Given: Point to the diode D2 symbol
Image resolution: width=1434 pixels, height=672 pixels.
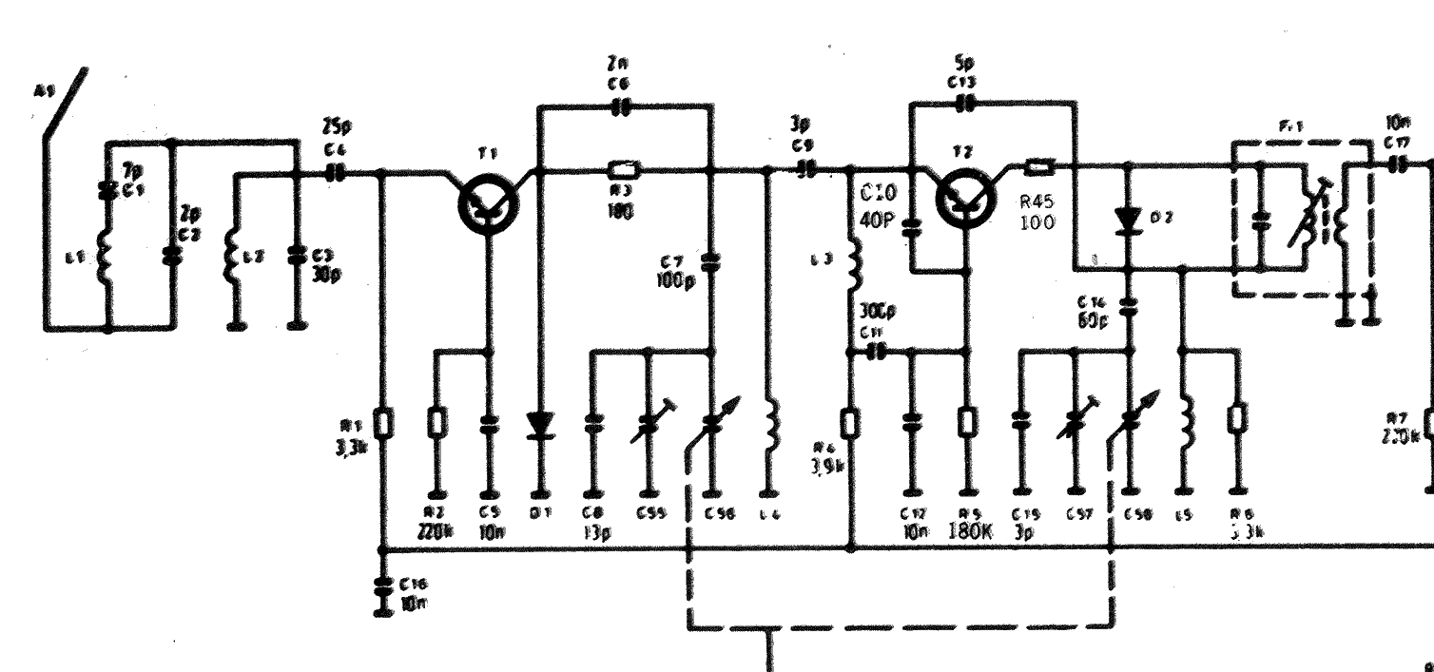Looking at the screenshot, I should pyautogui.click(x=1129, y=220).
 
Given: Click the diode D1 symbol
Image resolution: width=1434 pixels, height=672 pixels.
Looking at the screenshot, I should pyautogui.click(x=541, y=425).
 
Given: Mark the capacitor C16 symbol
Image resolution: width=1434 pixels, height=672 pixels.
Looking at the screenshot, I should pyautogui.click(x=382, y=590).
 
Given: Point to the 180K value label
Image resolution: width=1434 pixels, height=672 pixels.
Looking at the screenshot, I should pyautogui.click(x=971, y=530).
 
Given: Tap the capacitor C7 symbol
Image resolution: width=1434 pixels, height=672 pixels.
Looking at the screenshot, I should pyautogui.click(x=709, y=260).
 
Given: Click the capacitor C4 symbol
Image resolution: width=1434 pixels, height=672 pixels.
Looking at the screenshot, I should pyautogui.click(x=335, y=173).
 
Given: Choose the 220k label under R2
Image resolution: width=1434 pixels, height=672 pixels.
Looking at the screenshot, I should pyautogui.click(x=436, y=530).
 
